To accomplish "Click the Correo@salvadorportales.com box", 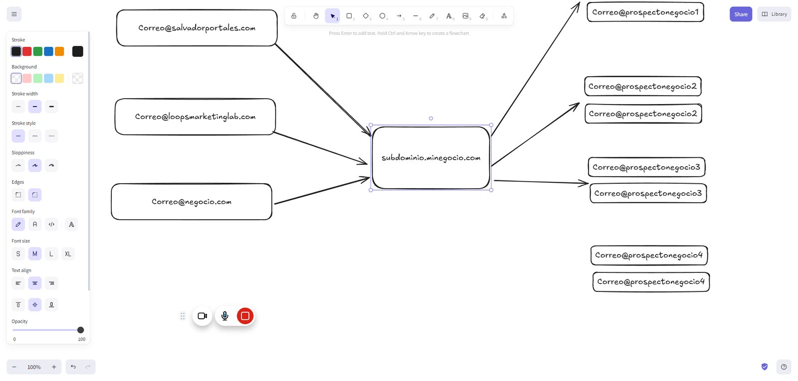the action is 197,28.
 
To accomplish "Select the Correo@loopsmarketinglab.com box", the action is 195,117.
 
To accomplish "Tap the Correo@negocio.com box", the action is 192,202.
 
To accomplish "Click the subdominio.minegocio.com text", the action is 431,157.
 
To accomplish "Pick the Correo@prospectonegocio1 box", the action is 645,12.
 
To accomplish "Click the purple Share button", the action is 741,14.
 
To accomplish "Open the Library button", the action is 774,14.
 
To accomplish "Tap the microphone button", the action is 225,316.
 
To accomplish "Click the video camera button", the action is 202,316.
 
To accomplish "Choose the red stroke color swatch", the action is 27,51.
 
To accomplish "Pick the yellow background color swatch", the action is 59,78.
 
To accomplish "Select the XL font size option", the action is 68,254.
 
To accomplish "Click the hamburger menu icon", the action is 14,14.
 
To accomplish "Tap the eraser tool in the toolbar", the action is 482,15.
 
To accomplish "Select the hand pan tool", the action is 316,15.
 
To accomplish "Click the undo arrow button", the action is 73,367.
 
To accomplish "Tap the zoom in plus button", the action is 54,367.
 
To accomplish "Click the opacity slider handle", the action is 80,330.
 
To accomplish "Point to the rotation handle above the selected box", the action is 431,119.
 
